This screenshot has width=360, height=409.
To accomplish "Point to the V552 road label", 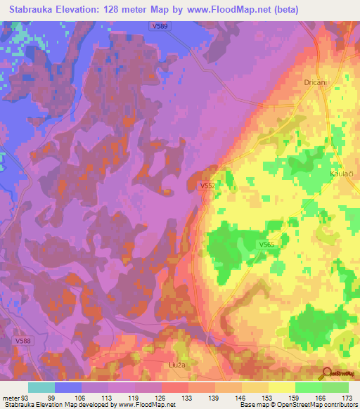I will coord(207,186).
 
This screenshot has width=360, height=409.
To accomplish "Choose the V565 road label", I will coord(266,244).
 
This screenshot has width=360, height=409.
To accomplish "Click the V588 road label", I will coord(22,340).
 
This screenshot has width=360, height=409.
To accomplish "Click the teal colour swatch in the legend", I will coord(41,387).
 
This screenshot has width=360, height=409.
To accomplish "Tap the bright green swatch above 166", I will coord(308,387).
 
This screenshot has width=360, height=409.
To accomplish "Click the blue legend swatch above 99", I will coord(68,387).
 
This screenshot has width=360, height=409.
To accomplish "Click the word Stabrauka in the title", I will coord(38,10).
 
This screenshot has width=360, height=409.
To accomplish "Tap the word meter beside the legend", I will coord(11,396).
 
